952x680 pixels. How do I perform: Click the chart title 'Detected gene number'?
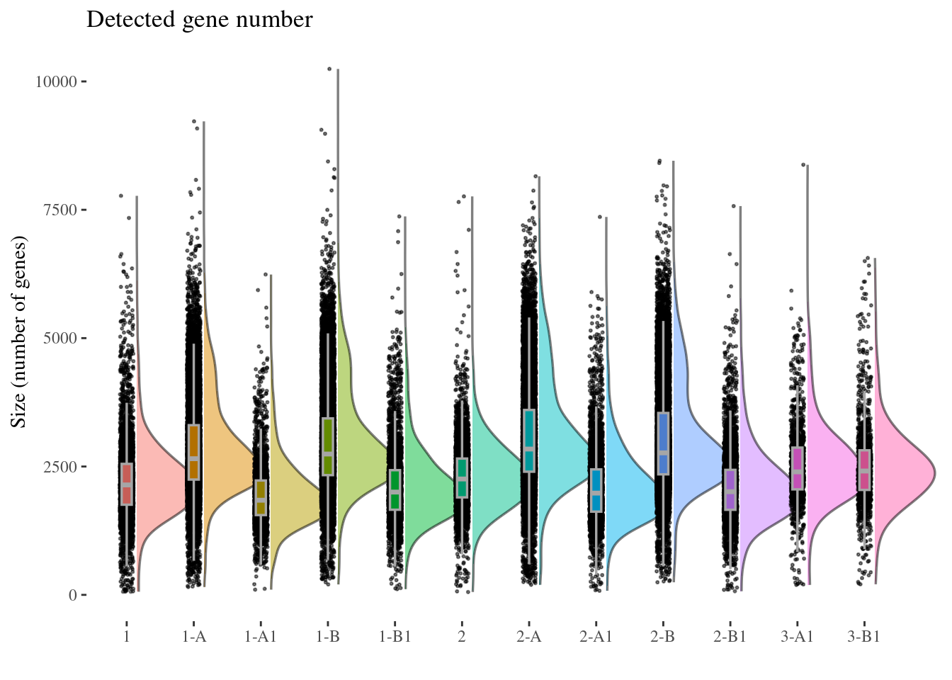pos(199,20)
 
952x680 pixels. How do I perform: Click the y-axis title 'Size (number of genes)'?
pos(19,331)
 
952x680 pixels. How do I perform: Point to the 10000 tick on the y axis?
pos(56,81)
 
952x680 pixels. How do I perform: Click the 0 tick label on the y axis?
pos(73,595)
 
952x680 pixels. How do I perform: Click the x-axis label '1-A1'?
pos(261,637)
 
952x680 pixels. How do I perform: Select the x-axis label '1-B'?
pos(328,637)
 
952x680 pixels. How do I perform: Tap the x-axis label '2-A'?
pos(529,637)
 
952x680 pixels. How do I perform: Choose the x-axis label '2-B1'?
pos(730,637)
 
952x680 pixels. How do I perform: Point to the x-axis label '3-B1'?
pos(864,637)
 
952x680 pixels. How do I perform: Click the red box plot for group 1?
pos(127,484)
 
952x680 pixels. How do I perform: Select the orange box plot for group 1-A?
pos(194,453)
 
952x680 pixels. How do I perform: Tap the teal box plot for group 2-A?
pos(529,441)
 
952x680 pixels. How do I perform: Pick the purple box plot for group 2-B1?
pos(730,489)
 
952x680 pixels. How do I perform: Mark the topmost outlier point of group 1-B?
pos(329,69)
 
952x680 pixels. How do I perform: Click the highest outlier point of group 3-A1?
pos(803,165)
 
